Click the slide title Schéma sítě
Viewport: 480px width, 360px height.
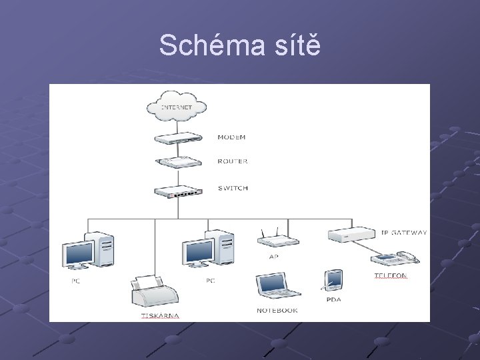pyautogui.click(x=240, y=45)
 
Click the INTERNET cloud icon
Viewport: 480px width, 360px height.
pyautogui.click(x=177, y=106)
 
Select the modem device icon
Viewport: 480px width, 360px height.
pyautogui.click(x=177, y=138)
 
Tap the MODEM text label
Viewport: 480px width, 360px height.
pyautogui.click(x=231, y=137)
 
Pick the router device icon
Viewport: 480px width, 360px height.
pyautogui.click(x=177, y=162)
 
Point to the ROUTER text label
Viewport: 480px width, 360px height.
pyautogui.click(x=233, y=161)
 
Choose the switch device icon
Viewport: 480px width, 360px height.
pyautogui.click(x=177, y=191)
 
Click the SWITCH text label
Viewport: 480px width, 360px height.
pyautogui.click(x=233, y=188)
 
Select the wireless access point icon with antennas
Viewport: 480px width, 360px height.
pyautogui.click(x=273, y=241)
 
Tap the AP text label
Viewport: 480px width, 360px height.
pyautogui.click(x=273, y=257)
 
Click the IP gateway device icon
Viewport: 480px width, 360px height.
pyautogui.click(x=352, y=235)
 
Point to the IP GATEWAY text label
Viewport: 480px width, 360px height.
pyautogui.click(x=403, y=233)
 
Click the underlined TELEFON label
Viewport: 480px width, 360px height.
pyautogui.click(x=390, y=275)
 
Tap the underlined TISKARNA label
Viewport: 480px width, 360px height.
pyautogui.click(x=160, y=315)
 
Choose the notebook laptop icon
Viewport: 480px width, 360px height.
pyautogui.click(x=277, y=286)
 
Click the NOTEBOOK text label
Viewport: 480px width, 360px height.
pyautogui.click(x=277, y=311)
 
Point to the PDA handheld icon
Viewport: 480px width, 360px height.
pyautogui.click(x=333, y=279)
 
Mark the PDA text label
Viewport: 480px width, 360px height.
pyautogui.click(x=333, y=299)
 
